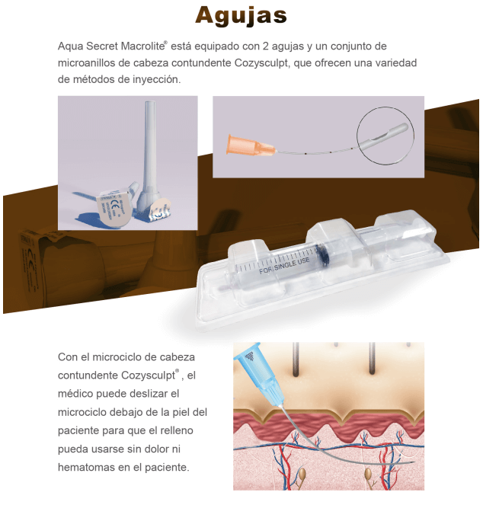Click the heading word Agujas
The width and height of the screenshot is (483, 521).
(x=241, y=16)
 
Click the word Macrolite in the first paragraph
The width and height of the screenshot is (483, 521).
(x=142, y=46)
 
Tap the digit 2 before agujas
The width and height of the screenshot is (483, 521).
(x=266, y=46)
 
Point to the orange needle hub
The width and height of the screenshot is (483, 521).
(x=250, y=146)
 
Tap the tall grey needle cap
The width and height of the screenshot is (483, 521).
(x=149, y=155)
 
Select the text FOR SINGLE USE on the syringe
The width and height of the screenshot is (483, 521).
(x=284, y=266)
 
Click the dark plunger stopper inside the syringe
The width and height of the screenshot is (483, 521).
(x=321, y=254)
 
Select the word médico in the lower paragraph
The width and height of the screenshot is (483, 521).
(x=75, y=393)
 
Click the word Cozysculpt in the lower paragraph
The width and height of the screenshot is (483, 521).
(x=148, y=376)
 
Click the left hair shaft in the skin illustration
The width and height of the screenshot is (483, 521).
(x=296, y=360)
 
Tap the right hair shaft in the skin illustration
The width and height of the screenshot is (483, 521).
(x=372, y=358)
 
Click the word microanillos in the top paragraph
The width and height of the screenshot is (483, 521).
(x=87, y=62)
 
